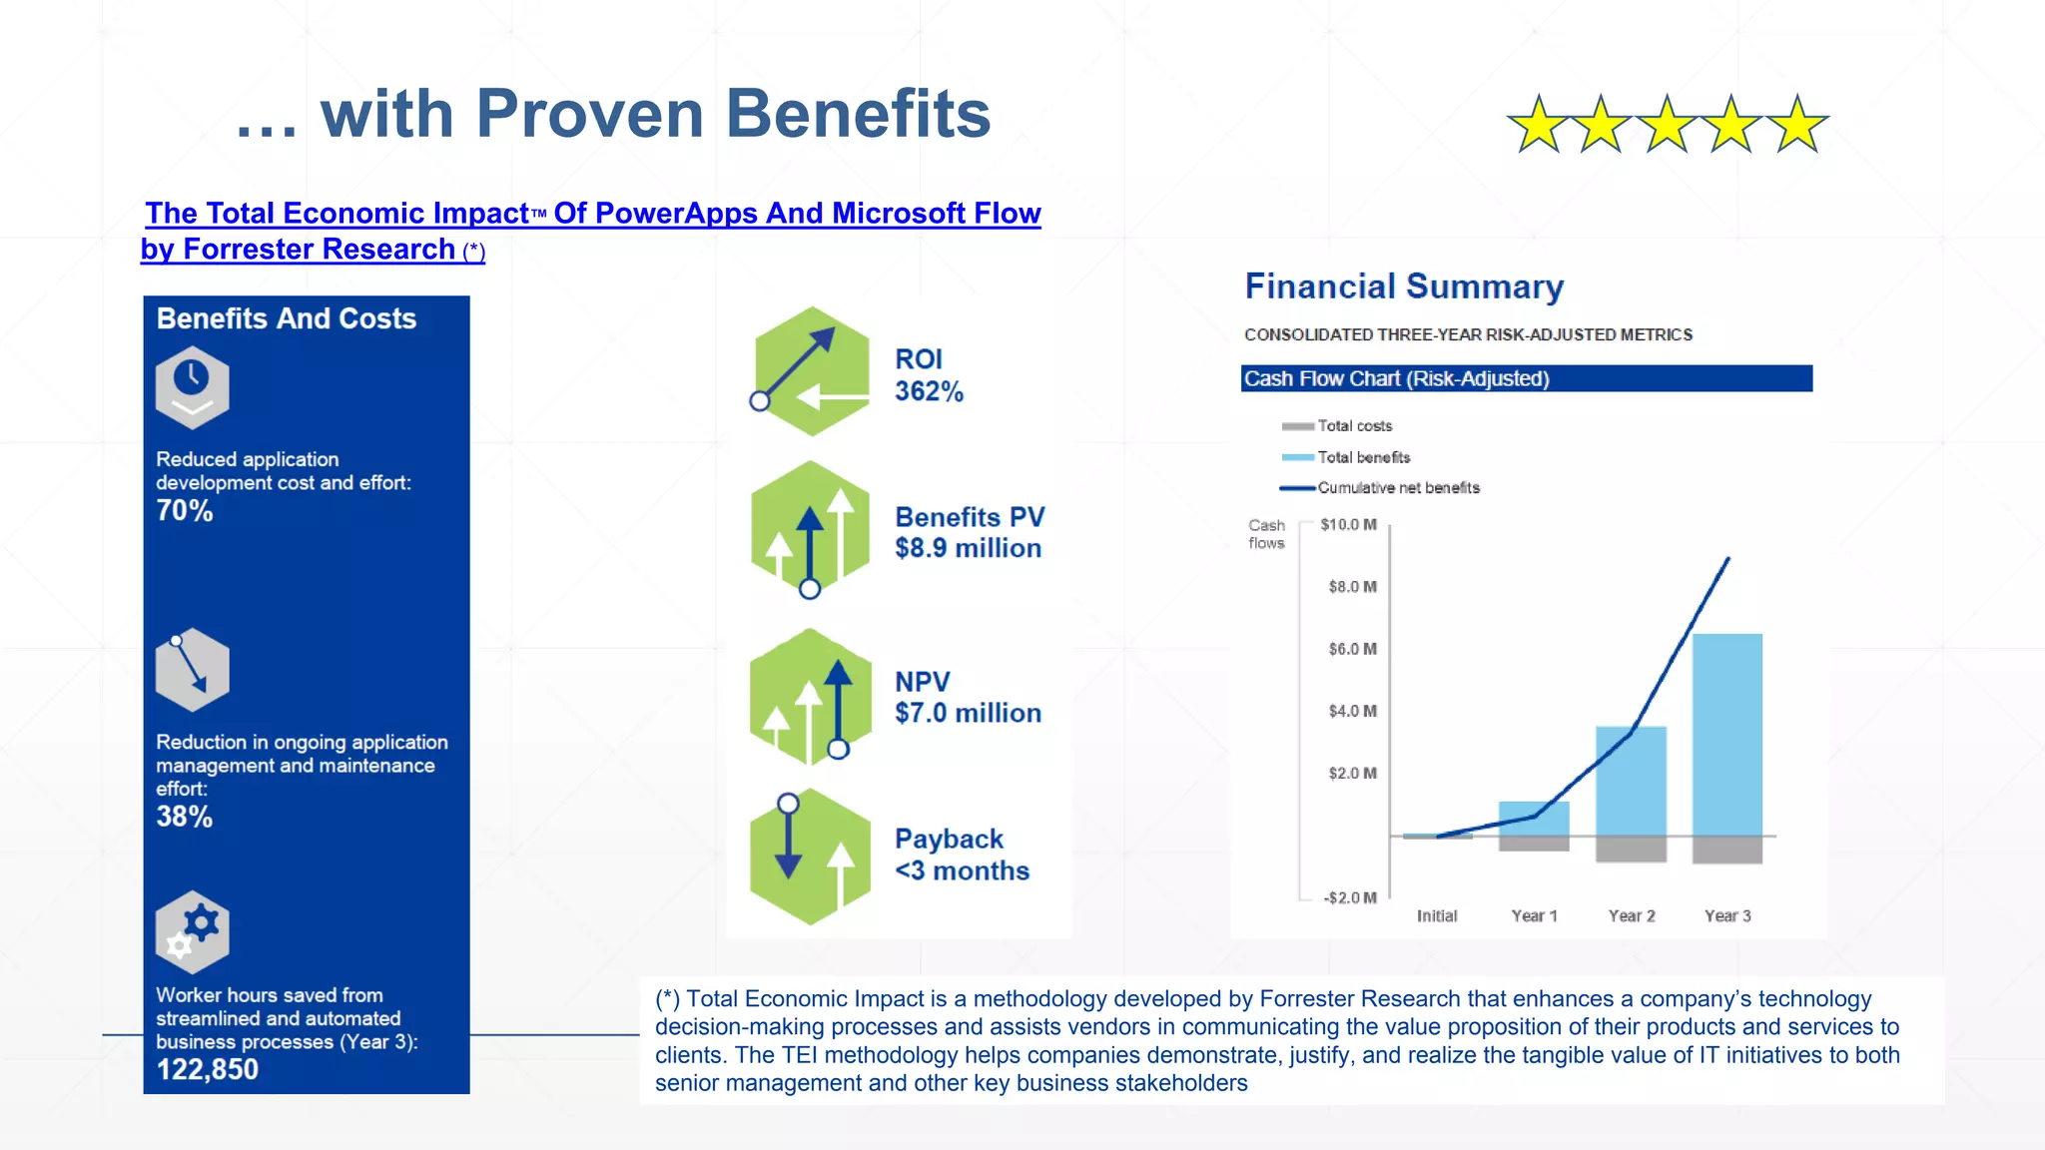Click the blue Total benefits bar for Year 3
tap(1727, 734)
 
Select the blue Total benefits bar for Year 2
tap(1631, 781)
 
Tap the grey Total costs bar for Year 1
tap(1534, 844)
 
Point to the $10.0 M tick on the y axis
tap(1348, 524)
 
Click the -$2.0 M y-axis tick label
tap(1350, 897)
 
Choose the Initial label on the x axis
tap(1437, 915)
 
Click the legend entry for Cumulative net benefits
tap(1398, 488)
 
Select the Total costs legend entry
tap(1354, 426)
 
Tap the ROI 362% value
tap(929, 391)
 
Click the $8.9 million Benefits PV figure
tap(968, 548)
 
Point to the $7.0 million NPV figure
tap(968, 713)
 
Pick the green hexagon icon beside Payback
tap(810, 857)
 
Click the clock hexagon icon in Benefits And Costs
tap(193, 387)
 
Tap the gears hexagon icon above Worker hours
tap(193, 931)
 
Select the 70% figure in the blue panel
tap(185, 511)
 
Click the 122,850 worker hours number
tap(208, 1069)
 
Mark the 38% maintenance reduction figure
tap(185, 817)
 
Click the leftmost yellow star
tap(1538, 125)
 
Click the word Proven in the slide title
tap(590, 114)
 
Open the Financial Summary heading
tap(1404, 287)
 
